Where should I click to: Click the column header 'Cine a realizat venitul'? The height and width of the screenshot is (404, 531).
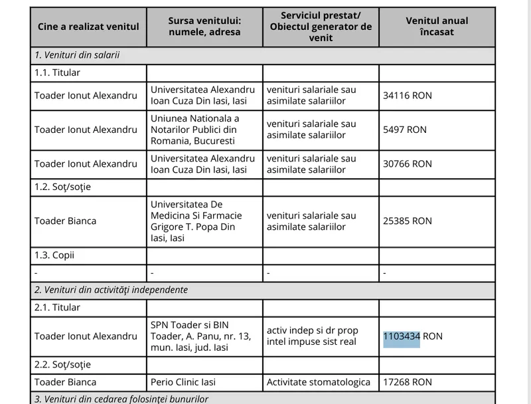(x=87, y=27)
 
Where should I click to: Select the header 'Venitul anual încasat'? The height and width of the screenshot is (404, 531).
(x=437, y=27)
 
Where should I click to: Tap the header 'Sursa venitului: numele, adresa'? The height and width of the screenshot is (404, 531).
(x=204, y=27)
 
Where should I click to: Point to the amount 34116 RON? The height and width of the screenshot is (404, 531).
(x=407, y=95)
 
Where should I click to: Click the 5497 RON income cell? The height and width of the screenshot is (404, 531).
(x=405, y=130)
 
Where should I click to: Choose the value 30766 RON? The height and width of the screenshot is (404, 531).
(x=407, y=164)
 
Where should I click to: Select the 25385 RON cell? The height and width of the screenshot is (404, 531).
(x=407, y=221)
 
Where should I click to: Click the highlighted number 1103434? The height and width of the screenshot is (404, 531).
(x=402, y=336)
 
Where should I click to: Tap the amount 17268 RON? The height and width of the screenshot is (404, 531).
(x=407, y=382)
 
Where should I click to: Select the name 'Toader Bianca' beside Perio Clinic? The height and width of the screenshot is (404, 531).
(x=65, y=382)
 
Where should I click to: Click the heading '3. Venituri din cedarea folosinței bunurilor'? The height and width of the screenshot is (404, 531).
(x=121, y=399)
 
